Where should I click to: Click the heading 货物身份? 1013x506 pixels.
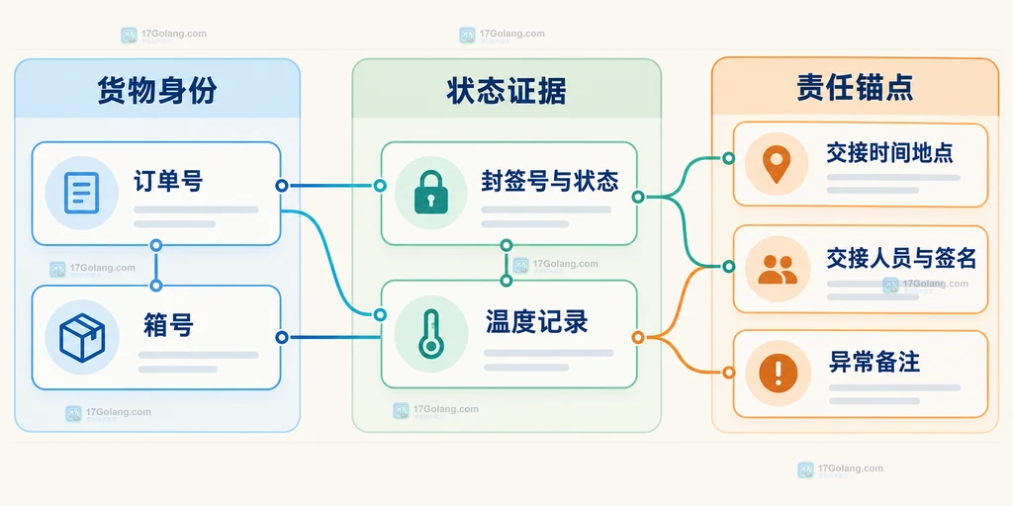[157, 91]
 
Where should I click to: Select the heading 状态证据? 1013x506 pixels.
[506, 91]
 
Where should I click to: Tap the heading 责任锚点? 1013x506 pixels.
[856, 88]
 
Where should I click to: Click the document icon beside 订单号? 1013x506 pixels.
[81, 193]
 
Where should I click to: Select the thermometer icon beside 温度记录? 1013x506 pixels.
[429, 333]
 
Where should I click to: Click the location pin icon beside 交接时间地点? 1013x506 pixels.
[777, 164]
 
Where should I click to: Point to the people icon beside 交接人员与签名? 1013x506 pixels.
[778, 269]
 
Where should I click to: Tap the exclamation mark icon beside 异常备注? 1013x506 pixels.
[778, 373]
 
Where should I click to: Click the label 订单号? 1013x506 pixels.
[168, 182]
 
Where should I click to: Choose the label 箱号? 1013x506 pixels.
[168, 324]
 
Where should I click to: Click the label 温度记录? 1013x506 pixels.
[537, 321]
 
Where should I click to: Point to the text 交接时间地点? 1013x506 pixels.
[889, 153]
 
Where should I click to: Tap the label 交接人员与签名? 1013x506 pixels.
[901, 258]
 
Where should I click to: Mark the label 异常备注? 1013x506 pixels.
[875, 362]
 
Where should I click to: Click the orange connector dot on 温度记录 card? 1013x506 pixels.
[638, 337]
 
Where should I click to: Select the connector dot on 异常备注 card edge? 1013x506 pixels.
[729, 373]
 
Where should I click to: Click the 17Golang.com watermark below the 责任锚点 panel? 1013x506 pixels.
[841, 469]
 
